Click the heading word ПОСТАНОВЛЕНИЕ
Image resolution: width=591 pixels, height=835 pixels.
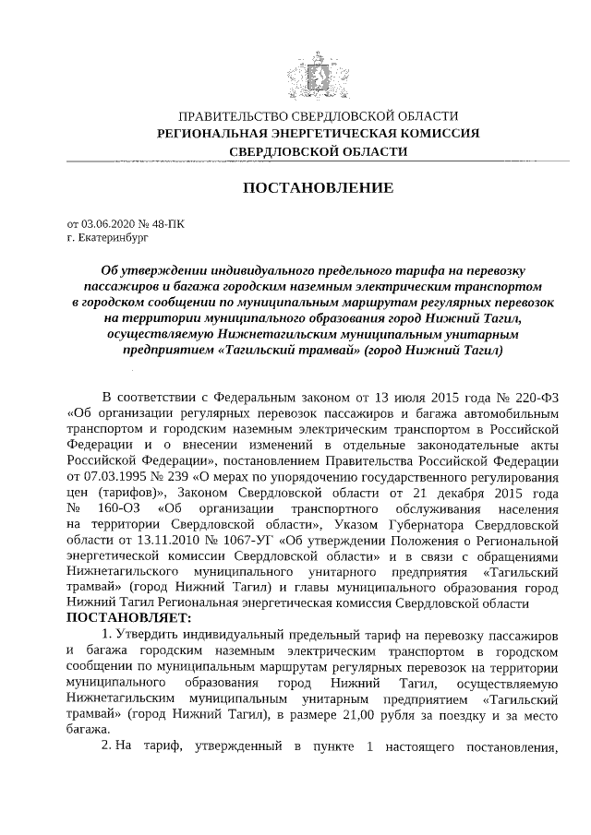point(318,188)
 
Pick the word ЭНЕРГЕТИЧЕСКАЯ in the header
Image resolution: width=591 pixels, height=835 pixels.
point(328,133)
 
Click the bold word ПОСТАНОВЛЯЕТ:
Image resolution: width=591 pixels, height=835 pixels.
point(129,617)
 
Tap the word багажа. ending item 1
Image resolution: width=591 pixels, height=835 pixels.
point(90,729)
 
